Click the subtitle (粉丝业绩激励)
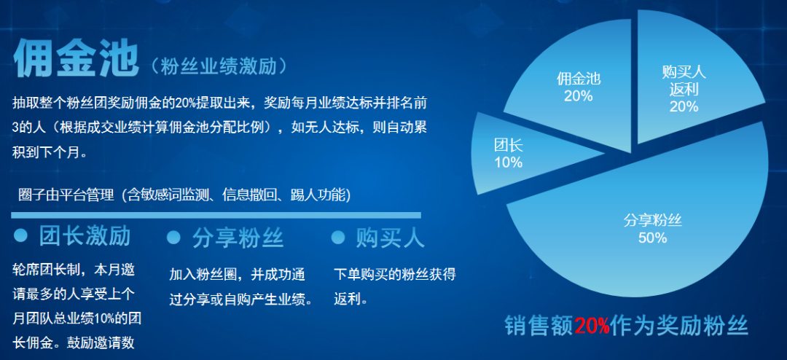(x=220, y=66)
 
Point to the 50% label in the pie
(x=652, y=238)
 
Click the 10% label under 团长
(x=509, y=163)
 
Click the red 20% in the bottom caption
(x=592, y=327)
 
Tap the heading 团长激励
(x=85, y=236)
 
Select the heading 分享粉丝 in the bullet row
(x=238, y=238)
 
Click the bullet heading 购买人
(x=390, y=238)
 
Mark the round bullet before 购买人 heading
(x=338, y=238)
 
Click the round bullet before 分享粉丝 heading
(x=173, y=238)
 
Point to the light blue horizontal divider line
(x=216, y=216)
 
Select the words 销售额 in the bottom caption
(x=539, y=327)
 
